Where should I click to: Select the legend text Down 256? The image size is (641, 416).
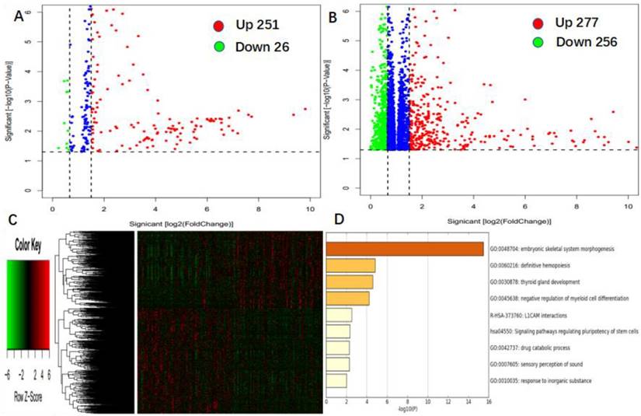(586, 42)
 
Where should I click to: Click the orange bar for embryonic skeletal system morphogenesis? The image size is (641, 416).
(404, 249)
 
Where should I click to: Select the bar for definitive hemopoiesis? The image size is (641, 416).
(350, 265)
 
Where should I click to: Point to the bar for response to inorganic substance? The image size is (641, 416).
(336, 380)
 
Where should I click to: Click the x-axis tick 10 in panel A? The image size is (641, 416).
(309, 209)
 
